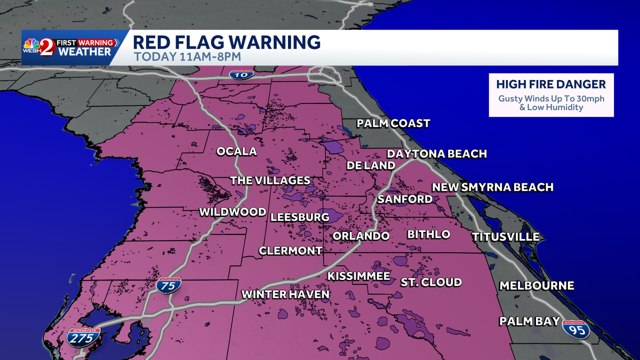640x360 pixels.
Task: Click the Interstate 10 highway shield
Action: coord(242,75)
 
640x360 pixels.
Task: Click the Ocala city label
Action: coord(236,151)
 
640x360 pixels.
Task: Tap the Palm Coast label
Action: coord(394,124)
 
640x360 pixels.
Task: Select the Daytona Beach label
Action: coord(437,154)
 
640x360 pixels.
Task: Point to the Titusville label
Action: coord(505,237)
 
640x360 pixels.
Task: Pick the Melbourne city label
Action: coord(537,286)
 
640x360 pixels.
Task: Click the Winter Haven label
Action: coord(285,294)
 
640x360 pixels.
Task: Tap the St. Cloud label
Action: coord(431,282)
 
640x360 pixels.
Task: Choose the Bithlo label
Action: coord(428,235)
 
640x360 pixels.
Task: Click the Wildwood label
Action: coord(233,212)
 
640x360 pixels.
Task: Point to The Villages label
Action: coord(270,181)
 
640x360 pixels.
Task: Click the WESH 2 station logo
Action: coord(40,47)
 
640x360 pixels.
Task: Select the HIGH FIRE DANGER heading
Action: coord(551,85)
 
